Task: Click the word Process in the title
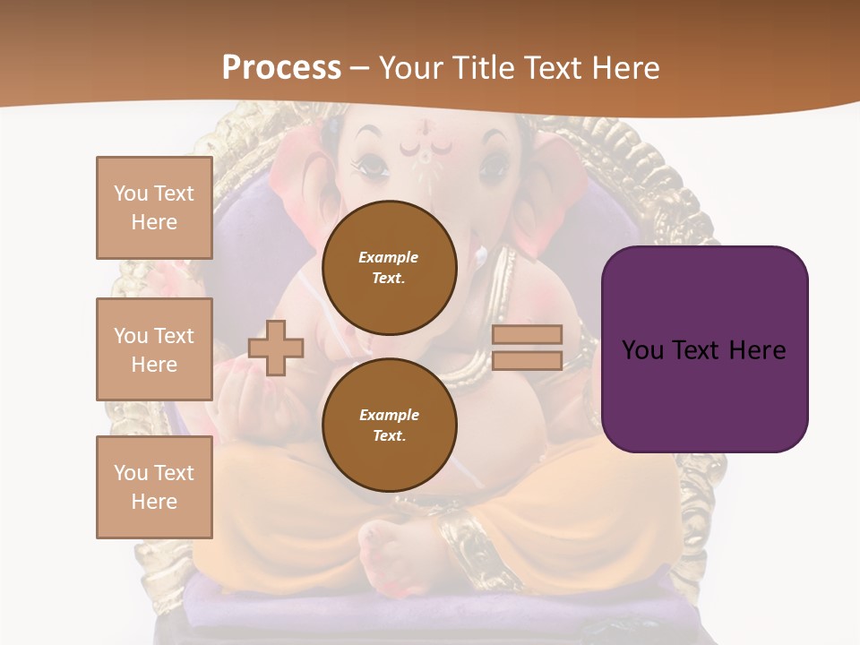point(281,68)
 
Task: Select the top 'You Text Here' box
point(154,208)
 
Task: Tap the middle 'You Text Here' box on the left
point(154,349)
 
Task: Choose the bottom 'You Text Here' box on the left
point(154,487)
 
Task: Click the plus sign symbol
point(276,348)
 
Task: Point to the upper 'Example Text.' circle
point(390,268)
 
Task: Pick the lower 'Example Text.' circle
point(390,426)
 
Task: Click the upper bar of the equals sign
point(527,335)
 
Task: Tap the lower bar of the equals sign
point(527,360)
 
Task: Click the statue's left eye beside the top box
point(371,166)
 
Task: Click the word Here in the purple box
point(757,350)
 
